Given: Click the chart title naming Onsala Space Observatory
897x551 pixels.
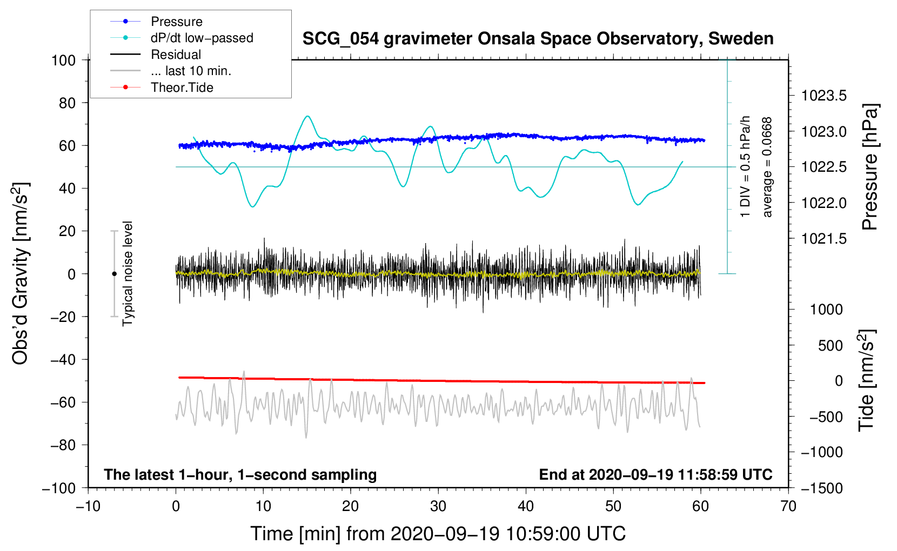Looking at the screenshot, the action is point(538,39).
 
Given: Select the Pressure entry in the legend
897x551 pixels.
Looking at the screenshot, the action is point(177,21).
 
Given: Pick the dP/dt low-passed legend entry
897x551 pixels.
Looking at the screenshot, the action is point(202,38).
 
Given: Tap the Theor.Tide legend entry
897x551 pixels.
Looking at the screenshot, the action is point(182,88).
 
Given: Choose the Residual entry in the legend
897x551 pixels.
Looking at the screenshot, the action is point(176,55).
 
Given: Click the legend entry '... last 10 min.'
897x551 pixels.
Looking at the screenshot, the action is point(191,71).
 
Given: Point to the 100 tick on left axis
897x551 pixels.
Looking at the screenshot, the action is point(63,61).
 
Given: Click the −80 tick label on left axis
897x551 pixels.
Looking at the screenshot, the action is point(63,445).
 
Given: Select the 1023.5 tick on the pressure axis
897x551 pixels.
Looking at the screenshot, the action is point(824,96).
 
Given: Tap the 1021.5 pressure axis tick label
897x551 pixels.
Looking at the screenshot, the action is point(824,239).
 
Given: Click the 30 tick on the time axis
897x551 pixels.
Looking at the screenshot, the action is point(438,506).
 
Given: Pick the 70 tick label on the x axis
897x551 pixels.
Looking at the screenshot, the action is point(788,506).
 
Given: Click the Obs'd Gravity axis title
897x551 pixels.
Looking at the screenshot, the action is point(21,273).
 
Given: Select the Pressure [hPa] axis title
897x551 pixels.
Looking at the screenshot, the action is point(870,167).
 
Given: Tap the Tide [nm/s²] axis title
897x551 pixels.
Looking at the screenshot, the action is point(867,380).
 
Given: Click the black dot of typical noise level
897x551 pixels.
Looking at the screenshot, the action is point(114,274).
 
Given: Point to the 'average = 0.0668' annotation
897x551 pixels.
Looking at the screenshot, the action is point(767,167).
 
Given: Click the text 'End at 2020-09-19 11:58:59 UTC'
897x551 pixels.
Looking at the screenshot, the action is point(655,474).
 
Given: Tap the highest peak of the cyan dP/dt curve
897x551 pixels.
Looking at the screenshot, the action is point(307,116).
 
